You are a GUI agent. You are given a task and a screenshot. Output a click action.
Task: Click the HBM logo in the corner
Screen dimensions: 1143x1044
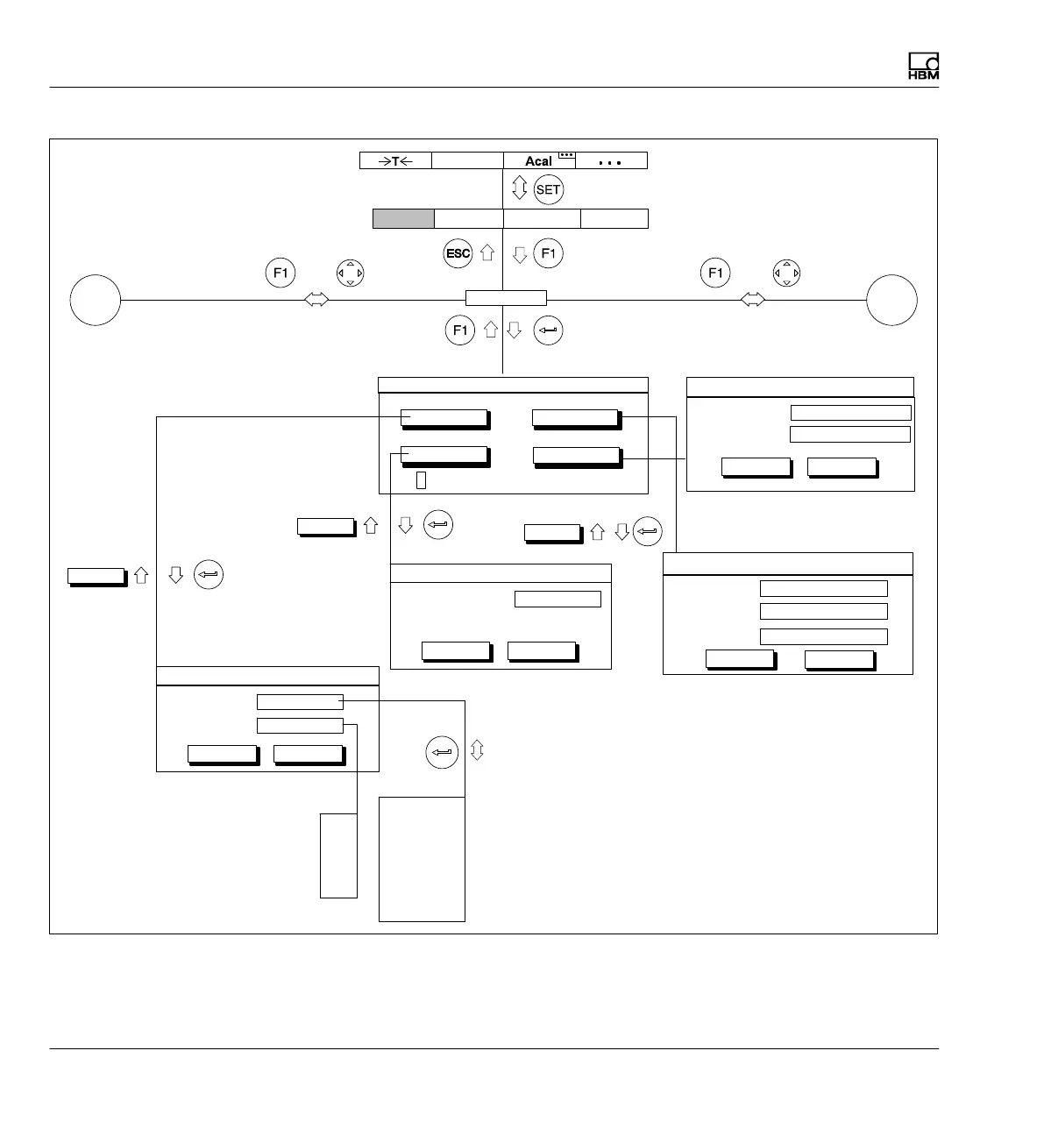(923, 67)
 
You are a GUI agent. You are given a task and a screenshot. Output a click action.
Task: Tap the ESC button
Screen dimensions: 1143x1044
(458, 254)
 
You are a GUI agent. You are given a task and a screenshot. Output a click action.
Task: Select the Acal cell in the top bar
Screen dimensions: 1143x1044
(539, 160)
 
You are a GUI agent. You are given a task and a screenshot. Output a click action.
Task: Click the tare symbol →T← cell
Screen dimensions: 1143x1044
(395, 160)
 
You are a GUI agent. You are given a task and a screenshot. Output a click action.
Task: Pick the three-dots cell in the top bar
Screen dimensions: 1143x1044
(611, 160)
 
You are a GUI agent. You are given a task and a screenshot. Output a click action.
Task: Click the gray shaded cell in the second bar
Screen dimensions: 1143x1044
(403, 218)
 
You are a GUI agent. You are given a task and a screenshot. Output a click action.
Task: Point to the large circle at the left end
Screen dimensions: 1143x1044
(96, 300)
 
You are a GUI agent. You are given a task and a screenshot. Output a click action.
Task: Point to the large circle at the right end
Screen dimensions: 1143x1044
(891, 300)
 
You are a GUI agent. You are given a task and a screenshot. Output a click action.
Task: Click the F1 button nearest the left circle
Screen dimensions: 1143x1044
(281, 273)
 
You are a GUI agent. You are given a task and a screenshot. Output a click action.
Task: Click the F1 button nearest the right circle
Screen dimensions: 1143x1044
(716, 273)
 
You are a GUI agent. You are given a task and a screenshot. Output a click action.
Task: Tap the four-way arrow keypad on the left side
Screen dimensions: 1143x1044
(350, 273)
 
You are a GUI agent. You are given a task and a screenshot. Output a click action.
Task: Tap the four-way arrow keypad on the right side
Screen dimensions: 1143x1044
(786, 273)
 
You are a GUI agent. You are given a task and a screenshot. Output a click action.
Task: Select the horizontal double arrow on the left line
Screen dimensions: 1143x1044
(316, 300)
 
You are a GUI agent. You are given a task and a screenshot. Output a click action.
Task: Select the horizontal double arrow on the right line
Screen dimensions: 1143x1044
(752, 300)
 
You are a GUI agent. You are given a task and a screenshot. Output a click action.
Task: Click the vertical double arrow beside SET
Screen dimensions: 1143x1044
(519, 188)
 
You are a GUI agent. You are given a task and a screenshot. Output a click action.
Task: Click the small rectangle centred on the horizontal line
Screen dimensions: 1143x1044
(506, 298)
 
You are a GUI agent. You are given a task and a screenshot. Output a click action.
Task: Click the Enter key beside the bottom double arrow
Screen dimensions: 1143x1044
(442, 752)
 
